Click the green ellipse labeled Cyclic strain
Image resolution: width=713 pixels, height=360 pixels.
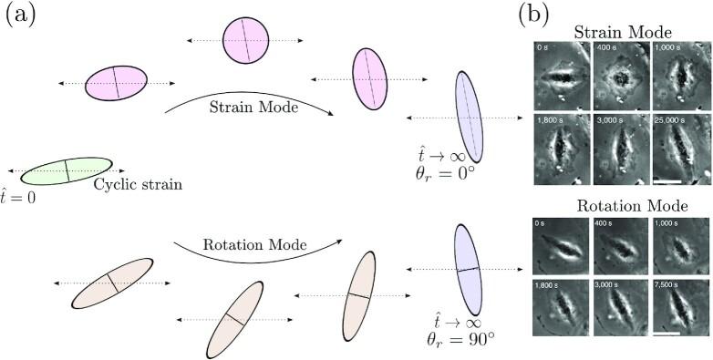point(67,170)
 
